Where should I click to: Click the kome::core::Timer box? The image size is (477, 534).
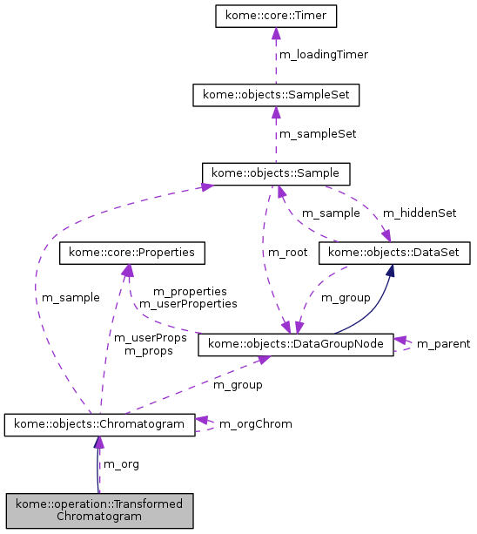click(276, 16)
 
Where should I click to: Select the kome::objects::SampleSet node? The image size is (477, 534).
click(276, 93)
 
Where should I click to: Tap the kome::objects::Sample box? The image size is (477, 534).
click(276, 172)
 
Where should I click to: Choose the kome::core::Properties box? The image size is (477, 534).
click(131, 253)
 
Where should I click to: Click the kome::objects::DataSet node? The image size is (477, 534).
click(395, 253)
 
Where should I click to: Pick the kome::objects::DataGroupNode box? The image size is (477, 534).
click(296, 345)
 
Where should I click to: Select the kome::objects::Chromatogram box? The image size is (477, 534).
click(98, 424)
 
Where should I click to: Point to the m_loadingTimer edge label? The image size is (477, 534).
click(323, 54)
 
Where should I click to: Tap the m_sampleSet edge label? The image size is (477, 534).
click(317, 133)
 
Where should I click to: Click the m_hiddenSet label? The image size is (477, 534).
click(420, 213)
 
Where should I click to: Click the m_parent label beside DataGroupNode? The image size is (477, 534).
click(443, 344)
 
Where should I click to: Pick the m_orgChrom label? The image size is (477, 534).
click(255, 423)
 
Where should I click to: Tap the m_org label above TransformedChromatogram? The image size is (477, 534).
click(121, 463)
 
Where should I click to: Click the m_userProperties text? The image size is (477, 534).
click(188, 303)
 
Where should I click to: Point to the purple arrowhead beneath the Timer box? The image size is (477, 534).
click(276, 34)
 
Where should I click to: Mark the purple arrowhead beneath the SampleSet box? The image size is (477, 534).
click(276, 112)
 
